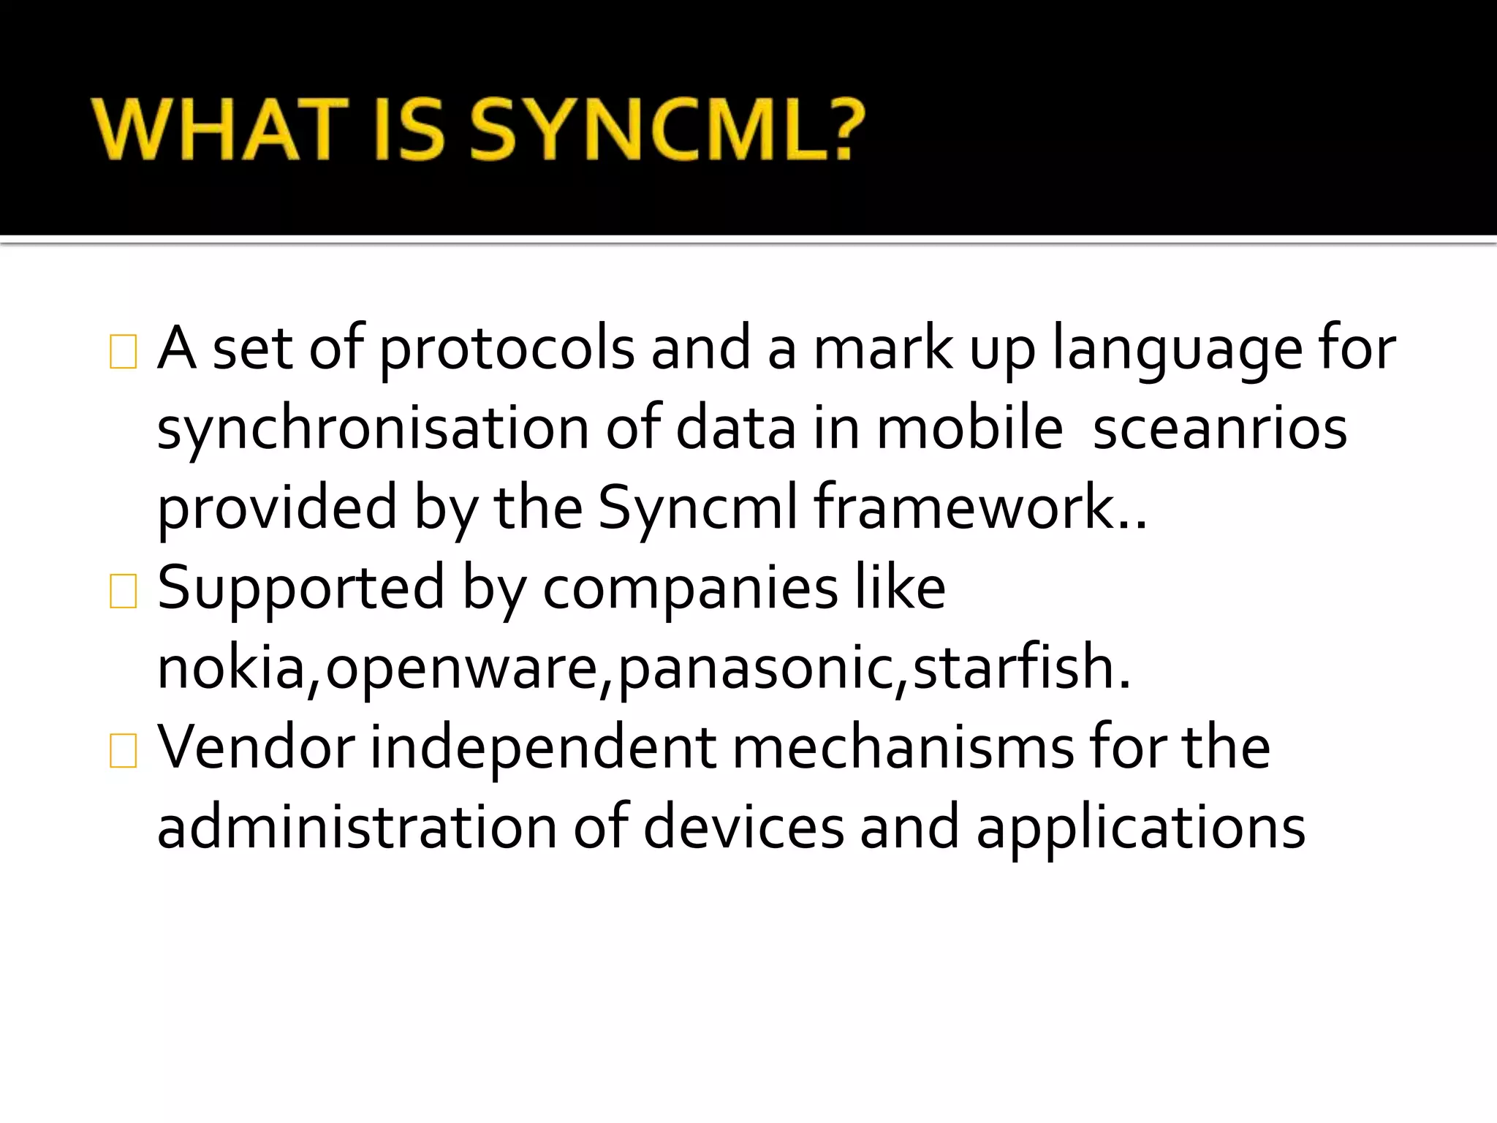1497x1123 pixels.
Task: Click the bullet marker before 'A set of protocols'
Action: tap(123, 352)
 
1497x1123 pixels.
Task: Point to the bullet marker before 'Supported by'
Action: tap(123, 591)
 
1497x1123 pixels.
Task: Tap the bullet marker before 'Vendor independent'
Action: tap(123, 751)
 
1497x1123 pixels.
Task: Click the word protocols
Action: tap(507, 349)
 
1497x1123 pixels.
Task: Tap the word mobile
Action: tap(969, 429)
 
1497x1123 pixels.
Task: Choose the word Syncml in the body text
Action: tap(697, 509)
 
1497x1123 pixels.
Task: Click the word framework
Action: tap(964, 509)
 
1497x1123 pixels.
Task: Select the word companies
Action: tap(690, 589)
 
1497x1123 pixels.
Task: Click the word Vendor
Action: tap(257, 748)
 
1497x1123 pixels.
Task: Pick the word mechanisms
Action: tap(903, 748)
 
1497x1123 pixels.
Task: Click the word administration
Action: tap(357, 828)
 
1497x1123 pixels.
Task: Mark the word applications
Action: tap(1140, 828)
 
